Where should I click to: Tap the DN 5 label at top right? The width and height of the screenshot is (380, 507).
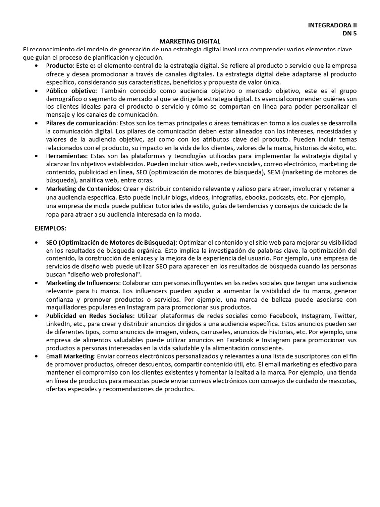click(349, 33)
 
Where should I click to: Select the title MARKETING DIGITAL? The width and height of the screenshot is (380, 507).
click(190, 41)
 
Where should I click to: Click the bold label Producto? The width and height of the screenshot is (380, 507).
click(58, 66)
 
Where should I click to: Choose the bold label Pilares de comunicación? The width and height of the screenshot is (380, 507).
click(82, 123)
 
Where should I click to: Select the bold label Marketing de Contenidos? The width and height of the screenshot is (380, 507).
click(83, 189)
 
